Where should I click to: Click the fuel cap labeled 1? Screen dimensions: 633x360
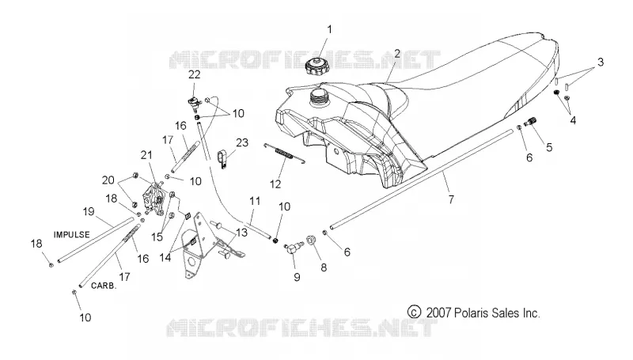(x=318, y=66)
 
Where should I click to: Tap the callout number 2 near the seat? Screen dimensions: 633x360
(x=397, y=53)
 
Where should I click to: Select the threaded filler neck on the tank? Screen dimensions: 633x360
(x=320, y=98)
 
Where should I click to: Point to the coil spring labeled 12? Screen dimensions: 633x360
(x=284, y=153)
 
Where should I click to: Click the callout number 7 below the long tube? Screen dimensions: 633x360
(x=451, y=199)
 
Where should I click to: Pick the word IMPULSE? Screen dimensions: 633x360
(x=71, y=234)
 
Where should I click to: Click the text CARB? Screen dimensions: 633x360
(x=104, y=286)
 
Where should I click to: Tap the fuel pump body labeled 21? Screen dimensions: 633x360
(x=154, y=199)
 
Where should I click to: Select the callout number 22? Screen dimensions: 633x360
(x=194, y=74)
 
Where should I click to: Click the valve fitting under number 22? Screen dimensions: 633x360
(x=194, y=104)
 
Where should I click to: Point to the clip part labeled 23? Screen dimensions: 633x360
(x=222, y=157)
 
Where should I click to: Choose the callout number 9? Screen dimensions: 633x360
(x=297, y=277)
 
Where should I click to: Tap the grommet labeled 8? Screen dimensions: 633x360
(x=311, y=241)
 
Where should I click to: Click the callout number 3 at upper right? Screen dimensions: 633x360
(x=601, y=63)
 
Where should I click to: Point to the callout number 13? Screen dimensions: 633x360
(x=241, y=233)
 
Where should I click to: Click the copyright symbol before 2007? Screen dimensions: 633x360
(x=414, y=312)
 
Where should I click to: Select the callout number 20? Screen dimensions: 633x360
(x=108, y=180)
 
